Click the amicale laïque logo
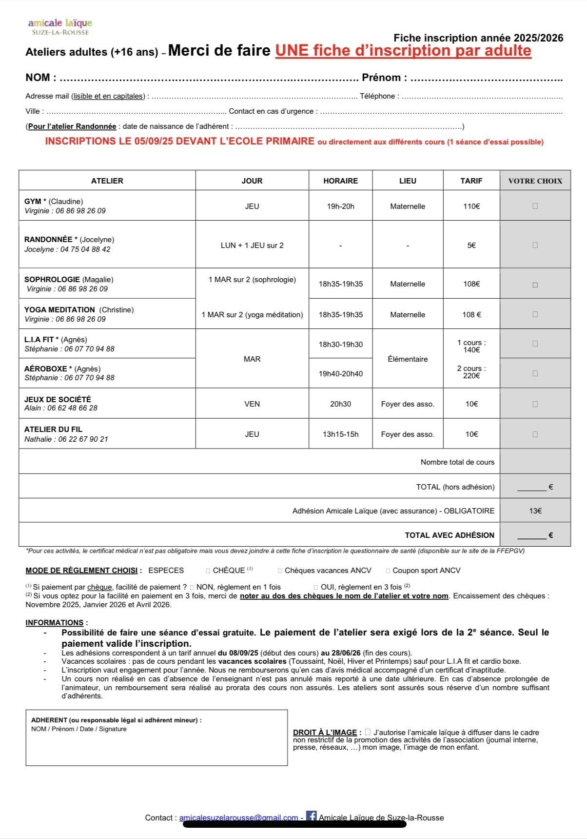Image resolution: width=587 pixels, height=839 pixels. (59, 26)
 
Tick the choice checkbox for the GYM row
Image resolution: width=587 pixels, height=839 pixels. (535, 206)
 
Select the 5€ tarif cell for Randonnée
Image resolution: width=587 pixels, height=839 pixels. (471, 246)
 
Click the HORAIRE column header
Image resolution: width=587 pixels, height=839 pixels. (340, 181)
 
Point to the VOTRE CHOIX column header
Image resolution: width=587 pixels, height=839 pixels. (535, 181)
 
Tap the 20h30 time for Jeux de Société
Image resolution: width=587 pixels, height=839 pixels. (340, 404)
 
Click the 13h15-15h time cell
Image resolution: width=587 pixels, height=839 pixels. (340, 434)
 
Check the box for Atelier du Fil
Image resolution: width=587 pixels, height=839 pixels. (535, 434)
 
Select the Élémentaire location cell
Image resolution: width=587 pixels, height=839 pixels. (408, 359)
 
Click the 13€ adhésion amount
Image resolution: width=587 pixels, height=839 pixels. (535, 511)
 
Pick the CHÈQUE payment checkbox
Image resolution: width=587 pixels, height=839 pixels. (208, 571)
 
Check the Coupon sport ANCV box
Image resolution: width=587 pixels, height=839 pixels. (388, 571)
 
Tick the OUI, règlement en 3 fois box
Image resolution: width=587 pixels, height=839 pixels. (316, 587)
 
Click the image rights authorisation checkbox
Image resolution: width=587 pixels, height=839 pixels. (368, 732)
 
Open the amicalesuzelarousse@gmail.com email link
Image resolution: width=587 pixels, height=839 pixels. (238, 818)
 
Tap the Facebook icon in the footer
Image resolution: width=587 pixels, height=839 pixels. (311, 816)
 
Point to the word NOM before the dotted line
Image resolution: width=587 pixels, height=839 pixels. (38, 78)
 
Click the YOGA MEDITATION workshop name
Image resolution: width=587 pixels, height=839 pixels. (59, 310)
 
